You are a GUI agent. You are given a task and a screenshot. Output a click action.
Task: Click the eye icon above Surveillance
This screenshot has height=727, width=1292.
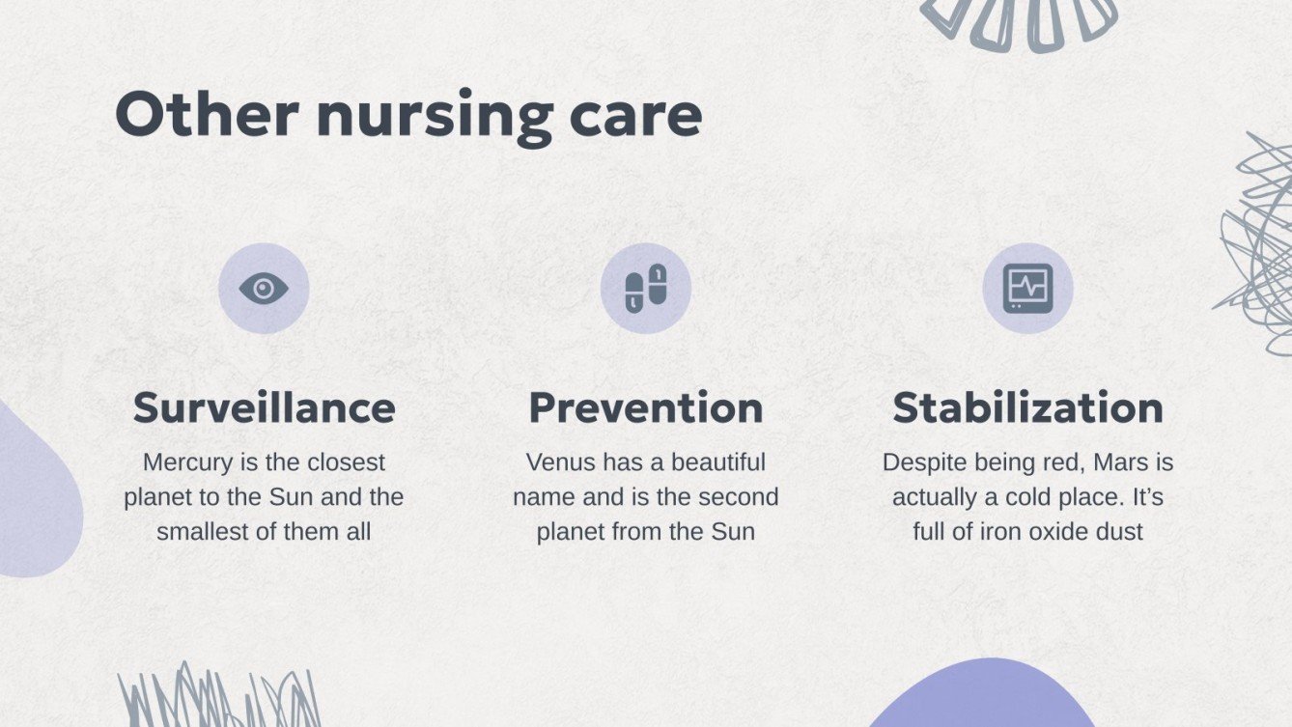pos(264,288)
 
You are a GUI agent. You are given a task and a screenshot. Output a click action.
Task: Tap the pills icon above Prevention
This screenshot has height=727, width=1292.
pos(646,288)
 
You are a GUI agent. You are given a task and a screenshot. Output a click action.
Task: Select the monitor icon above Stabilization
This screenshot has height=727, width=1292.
pos(1027,288)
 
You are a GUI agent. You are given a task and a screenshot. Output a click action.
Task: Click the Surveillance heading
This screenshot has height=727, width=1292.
pos(264,407)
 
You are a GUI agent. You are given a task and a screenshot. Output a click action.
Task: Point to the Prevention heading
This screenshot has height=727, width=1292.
pos(646,407)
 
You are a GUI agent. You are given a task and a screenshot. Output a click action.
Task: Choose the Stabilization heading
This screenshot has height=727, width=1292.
pos(1027,407)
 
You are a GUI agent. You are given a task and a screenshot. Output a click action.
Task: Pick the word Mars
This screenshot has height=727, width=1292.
pos(1119,462)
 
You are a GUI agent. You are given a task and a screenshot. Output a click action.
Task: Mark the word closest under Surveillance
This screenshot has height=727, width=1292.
pos(345,462)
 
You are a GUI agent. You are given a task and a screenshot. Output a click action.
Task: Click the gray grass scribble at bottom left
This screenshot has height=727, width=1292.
pos(218,697)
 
